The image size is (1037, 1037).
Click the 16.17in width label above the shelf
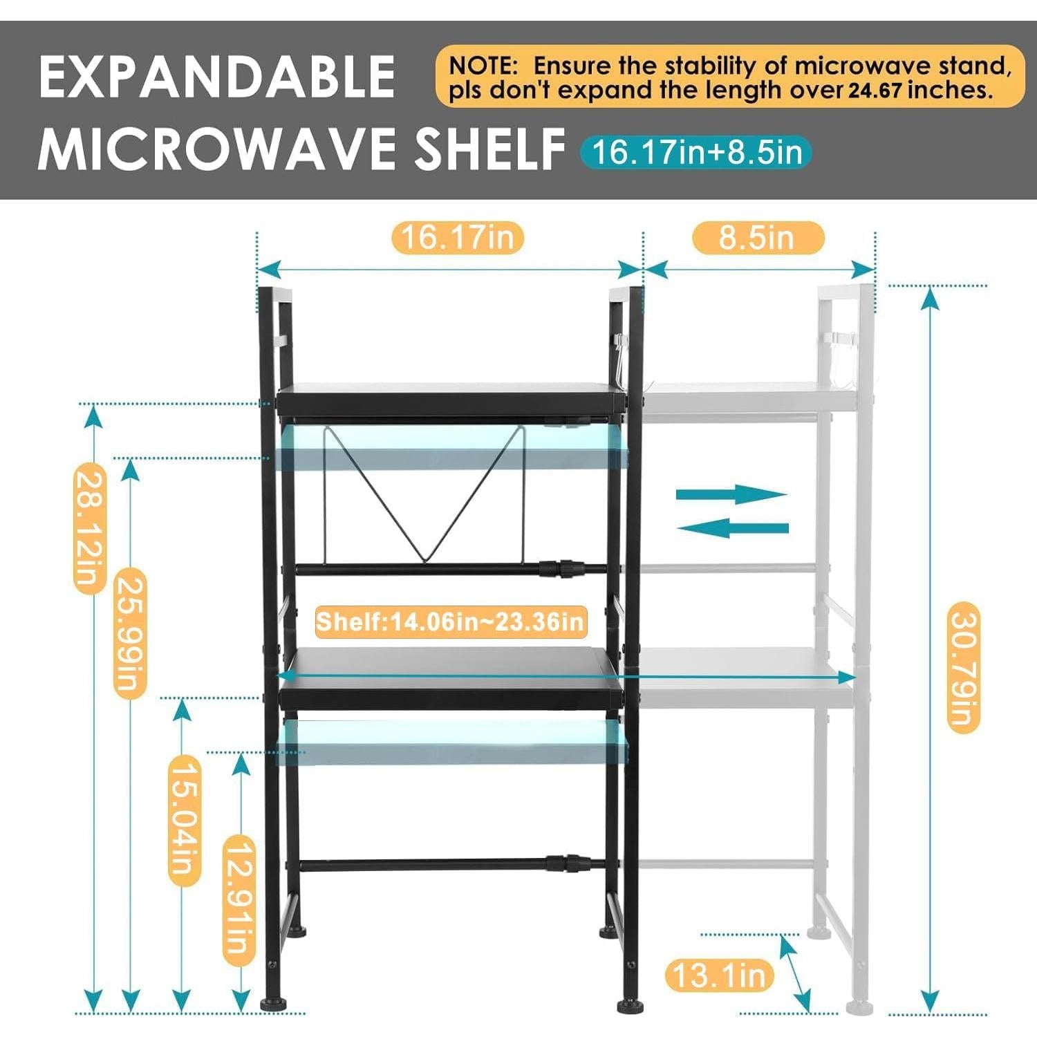(458, 238)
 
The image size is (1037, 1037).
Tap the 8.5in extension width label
(758, 238)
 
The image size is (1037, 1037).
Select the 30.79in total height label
(963, 667)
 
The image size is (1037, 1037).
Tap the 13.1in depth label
(719, 975)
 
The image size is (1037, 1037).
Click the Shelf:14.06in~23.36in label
(451, 622)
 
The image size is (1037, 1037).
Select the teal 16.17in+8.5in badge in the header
(695, 152)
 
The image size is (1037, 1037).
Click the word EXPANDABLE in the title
(217, 76)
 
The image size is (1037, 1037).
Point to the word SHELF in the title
(489, 149)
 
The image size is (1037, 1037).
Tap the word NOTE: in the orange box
(483, 66)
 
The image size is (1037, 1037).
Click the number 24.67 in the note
(875, 91)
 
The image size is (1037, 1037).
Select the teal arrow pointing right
(731, 494)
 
